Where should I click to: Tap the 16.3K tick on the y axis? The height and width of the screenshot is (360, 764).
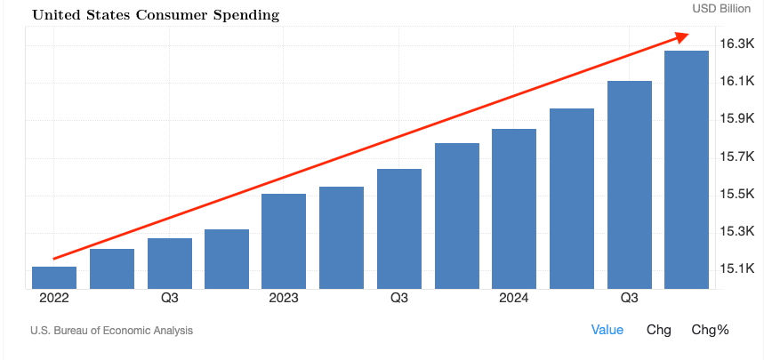(736, 44)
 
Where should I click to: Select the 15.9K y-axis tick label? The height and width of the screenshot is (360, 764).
(736, 118)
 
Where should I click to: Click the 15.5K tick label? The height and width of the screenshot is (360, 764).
(736, 193)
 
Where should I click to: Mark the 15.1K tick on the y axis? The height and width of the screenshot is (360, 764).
(736, 268)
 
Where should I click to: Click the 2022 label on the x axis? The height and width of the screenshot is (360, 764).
(53, 298)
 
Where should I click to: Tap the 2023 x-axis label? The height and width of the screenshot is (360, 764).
(283, 298)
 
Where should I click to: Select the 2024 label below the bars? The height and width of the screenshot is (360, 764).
(513, 298)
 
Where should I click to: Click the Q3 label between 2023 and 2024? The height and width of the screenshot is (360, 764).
(398, 298)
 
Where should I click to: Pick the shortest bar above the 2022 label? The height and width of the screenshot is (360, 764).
(54, 277)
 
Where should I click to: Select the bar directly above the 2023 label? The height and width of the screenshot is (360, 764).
(284, 241)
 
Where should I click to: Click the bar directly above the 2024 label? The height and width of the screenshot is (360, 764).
(514, 209)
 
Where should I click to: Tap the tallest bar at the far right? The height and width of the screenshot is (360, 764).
(687, 169)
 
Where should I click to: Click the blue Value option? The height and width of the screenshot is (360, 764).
(607, 330)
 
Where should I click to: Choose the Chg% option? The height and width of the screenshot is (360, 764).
(710, 330)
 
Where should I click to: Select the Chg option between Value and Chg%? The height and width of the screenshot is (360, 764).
(658, 330)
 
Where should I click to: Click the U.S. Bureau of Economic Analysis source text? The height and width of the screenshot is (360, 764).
(111, 331)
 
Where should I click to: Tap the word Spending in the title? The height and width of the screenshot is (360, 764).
(242, 15)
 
